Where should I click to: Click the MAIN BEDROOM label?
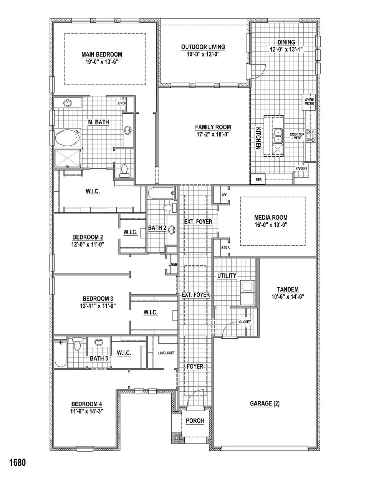[101, 55]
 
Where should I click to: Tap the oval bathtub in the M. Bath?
[68, 137]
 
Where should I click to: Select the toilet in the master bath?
[124, 171]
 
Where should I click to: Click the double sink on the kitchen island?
[278, 136]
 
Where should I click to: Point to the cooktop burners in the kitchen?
[311, 136]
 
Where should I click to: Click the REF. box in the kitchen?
[258, 179]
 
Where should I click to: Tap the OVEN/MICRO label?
[309, 101]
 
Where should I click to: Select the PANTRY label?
[301, 169]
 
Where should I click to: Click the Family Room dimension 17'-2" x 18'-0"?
[213, 134]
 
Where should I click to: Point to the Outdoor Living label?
[203, 47]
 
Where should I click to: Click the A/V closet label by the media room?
[224, 195]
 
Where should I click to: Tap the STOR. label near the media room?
[225, 248]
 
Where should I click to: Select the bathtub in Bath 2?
[161, 193]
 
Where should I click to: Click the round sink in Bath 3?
[99, 342]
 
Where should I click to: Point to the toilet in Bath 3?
[77, 344]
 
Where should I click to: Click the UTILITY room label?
[227, 276]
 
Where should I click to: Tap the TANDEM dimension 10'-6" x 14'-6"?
[288, 297]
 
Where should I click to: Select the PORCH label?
[195, 420]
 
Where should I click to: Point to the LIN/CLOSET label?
[166, 353]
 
